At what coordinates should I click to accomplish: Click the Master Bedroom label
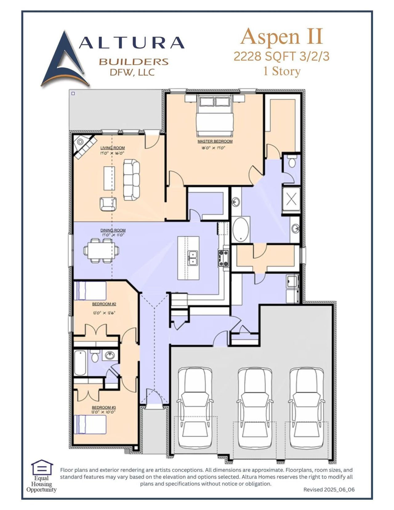click(215, 141)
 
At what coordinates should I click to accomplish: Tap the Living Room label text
click(112, 148)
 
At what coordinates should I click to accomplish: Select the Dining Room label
click(113, 230)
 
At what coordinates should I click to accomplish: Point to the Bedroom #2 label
click(104, 304)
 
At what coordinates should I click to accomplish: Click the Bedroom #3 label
click(103, 408)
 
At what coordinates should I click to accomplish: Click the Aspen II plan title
click(281, 37)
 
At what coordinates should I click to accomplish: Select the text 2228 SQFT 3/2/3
click(281, 56)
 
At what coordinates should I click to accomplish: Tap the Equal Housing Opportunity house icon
click(42, 468)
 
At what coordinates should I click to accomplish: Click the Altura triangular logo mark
click(63, 60)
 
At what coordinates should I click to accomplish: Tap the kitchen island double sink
click(193, 258)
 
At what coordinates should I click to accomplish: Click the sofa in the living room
click(131, 180)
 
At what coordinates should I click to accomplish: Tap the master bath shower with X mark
click(291, 199)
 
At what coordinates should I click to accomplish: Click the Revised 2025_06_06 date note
click(329, 489)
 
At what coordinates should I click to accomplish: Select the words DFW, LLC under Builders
click(132, 72)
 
